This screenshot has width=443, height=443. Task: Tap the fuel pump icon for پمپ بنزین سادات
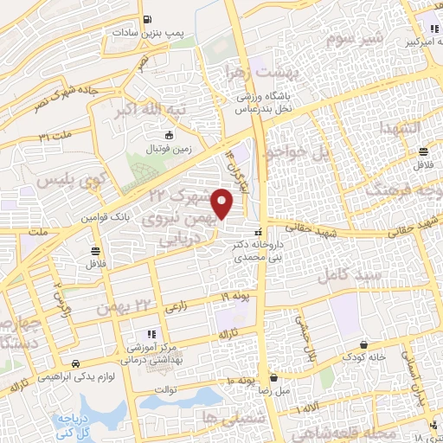(151, 19)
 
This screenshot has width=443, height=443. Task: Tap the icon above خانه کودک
(373, 343)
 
